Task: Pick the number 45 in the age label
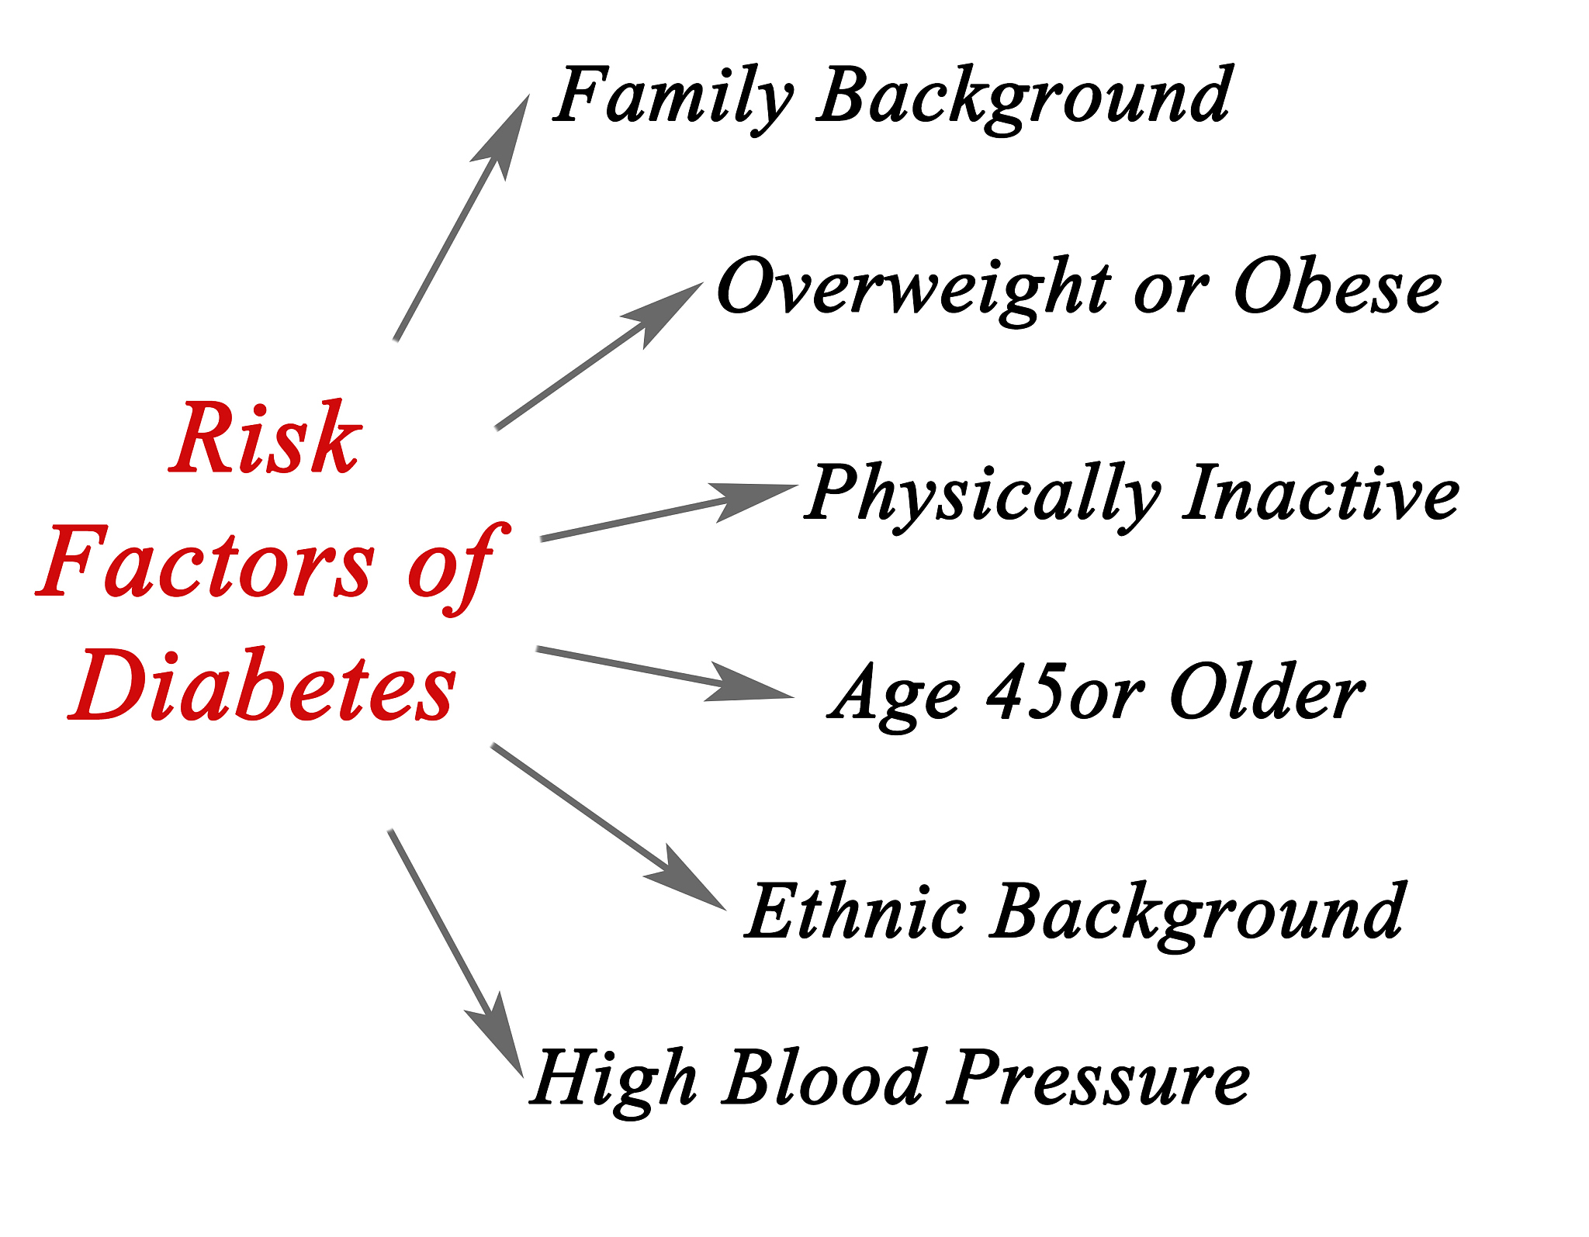[x=1026, y=691]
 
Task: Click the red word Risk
[x=265, y=437]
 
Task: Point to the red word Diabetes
[x=262, y=684]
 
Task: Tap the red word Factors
[x=206, y=561]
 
